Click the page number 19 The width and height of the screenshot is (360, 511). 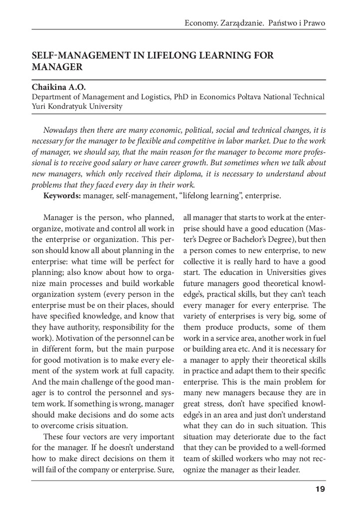[320, 489]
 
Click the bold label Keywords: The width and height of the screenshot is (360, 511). [62, 196]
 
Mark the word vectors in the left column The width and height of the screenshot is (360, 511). [95, 437]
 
